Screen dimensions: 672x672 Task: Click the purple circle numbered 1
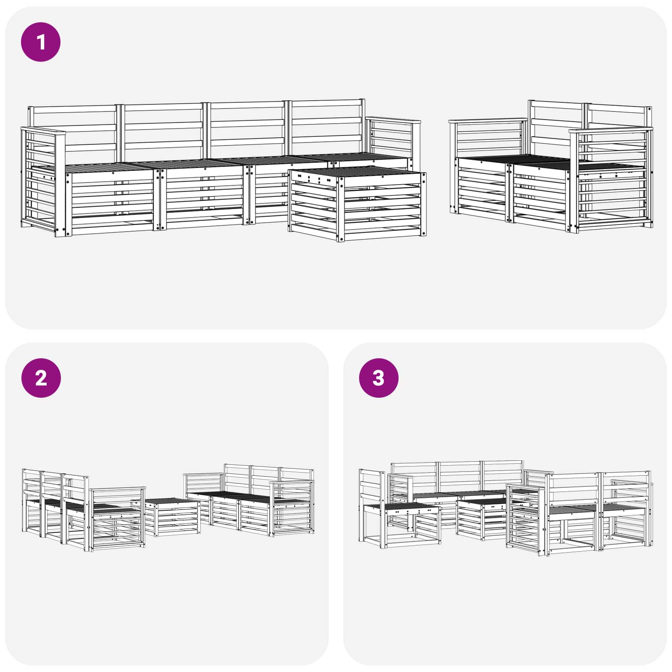tap(41, 42)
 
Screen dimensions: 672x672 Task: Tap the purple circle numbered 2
tap(41, 378)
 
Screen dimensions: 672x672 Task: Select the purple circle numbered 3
tap(378, 378)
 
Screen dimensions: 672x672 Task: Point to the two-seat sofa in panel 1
tap(550, 168)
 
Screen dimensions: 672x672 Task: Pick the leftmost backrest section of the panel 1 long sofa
tap(73, 128)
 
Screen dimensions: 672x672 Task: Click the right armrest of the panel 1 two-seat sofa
tap(611, 181)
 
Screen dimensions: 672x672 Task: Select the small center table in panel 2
tap(172, 517)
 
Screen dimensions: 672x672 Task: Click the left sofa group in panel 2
tap(84, 512)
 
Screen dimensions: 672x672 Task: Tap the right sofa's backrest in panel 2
tap(269, 477)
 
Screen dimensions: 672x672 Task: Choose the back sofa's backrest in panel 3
tap(458, 475)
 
